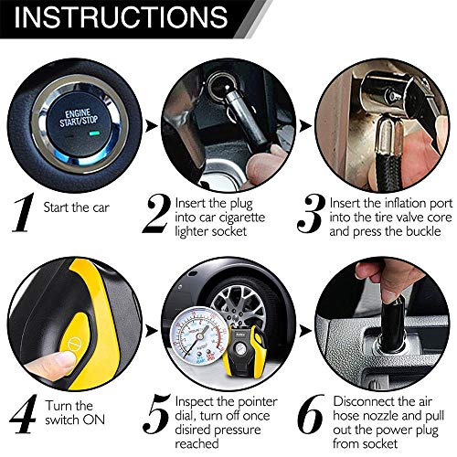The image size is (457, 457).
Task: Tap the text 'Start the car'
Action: [x=74, y=207]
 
